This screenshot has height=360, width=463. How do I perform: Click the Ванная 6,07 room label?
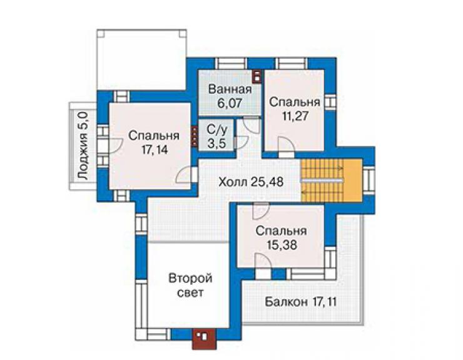point(230,96)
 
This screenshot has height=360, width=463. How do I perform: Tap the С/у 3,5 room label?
point(216,136)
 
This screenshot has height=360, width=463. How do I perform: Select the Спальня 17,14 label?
point(154,143)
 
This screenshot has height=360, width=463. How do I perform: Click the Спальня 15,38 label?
point(281,238)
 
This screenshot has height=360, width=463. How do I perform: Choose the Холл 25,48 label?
point(251,182)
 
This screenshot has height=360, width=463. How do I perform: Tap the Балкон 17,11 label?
point(301,302)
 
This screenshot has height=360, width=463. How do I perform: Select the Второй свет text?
point(190,285)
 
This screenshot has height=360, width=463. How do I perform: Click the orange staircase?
point(332,180)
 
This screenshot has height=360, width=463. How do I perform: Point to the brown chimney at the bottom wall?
point(205,339)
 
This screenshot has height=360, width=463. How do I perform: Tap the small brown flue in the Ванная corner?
point(257,76)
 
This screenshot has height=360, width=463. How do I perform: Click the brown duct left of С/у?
point(195,136)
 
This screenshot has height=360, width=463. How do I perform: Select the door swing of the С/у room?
point(242,142)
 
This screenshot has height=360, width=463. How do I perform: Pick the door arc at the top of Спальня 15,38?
point(261,211)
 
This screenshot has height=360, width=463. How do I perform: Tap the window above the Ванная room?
point(231,64)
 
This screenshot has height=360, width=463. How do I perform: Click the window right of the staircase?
point(369,180)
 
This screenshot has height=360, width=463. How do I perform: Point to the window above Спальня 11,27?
point(292,64)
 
